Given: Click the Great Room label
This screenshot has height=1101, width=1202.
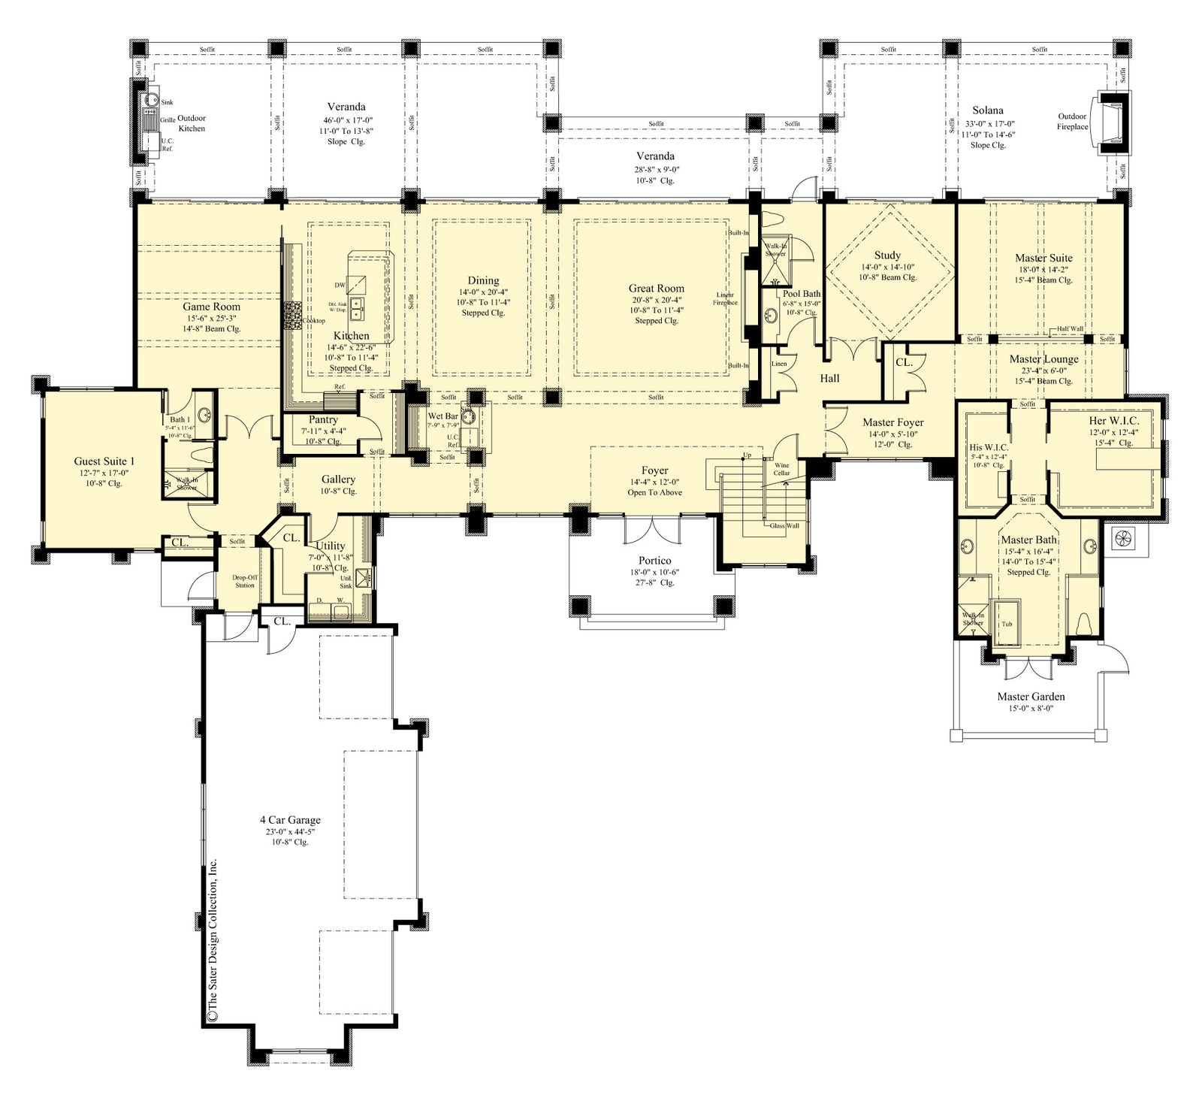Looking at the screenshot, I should click(656, 288).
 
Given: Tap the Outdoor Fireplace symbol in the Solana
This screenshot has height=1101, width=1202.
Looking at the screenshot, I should click(1115, 123).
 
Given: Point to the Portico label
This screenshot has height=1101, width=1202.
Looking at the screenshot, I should click(654, 561).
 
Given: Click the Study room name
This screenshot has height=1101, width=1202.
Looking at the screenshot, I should click(887, 256).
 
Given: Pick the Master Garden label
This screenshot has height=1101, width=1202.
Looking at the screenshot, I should click(1031, 697).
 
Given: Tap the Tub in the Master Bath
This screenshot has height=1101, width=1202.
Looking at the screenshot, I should click(1007, 624).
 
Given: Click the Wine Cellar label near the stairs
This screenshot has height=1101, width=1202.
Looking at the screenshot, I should click(781, 469).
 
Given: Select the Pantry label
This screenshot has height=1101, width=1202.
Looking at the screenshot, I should click(323, 420).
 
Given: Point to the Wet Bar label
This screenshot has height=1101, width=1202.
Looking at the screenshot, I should click(442, 416).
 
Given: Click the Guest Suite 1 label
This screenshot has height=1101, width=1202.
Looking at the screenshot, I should click(104, 461).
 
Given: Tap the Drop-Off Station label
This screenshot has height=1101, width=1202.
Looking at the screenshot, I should click(244, 581).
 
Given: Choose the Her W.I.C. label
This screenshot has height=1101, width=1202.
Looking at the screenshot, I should click(1113, 422).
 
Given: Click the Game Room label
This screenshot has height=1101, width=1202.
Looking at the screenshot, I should click(211, 307).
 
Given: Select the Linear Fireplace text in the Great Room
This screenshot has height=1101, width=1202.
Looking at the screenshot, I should click(725, 298).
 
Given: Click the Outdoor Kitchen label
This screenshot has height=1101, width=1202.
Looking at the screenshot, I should click(191, 123).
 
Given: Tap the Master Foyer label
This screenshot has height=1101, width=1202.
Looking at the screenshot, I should click(892, 422).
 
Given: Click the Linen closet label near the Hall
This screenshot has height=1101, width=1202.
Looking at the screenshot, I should click(779, 364).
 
